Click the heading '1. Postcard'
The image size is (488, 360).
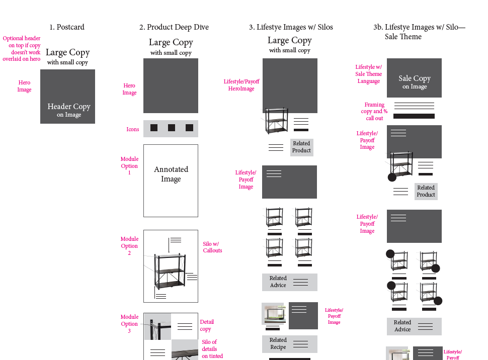67,27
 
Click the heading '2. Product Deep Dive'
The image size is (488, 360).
174,27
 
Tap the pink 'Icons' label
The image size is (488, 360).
132,129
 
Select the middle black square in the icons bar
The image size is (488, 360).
172,128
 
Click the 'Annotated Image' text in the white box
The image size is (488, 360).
171,174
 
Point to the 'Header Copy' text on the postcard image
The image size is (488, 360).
69,107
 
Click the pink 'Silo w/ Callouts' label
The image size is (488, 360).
212,247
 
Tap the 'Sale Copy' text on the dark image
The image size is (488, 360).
415,78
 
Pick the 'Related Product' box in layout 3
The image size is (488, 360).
301,147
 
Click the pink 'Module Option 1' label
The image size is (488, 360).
129,166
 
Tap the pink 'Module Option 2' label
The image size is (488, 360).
129,246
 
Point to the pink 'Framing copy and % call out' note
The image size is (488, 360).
374,112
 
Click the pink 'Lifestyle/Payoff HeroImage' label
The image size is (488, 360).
241,85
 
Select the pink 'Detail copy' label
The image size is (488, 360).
206,325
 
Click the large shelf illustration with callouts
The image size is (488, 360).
170,270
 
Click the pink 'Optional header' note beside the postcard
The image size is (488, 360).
22,49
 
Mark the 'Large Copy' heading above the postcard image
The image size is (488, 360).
67,52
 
